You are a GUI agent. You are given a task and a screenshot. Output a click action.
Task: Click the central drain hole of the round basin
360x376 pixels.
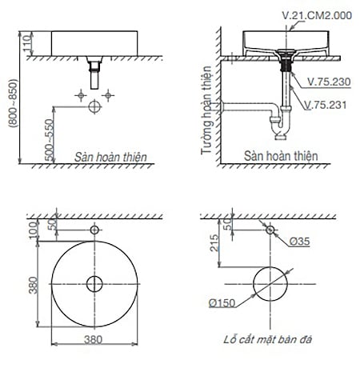pos(95,283)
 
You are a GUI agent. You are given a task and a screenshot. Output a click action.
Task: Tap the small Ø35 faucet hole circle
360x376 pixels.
pos(270,231)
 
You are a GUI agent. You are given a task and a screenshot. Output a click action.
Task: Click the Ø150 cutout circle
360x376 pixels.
pos(270,284)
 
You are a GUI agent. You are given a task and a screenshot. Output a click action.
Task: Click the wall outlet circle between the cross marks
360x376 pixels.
pos(95,103)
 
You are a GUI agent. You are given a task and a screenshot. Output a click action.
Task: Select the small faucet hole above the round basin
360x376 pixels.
pos(95,231)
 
